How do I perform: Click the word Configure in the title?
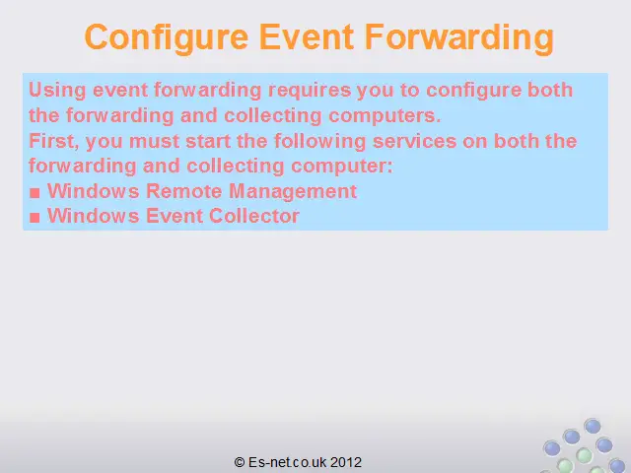167,37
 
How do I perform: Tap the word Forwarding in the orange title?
459,37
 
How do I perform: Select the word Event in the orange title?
307,36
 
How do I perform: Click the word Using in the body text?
57,90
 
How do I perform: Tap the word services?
414,142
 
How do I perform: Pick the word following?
319,142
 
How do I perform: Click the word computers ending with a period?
385,116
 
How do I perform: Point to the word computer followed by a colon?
342,167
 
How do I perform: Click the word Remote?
183,190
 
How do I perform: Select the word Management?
293,191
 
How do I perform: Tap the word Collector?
254,216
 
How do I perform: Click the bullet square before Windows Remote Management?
35,193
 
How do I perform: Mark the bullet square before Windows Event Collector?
35,218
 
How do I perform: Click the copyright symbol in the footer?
240,462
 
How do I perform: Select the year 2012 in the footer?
346,462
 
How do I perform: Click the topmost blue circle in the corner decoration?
593,426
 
